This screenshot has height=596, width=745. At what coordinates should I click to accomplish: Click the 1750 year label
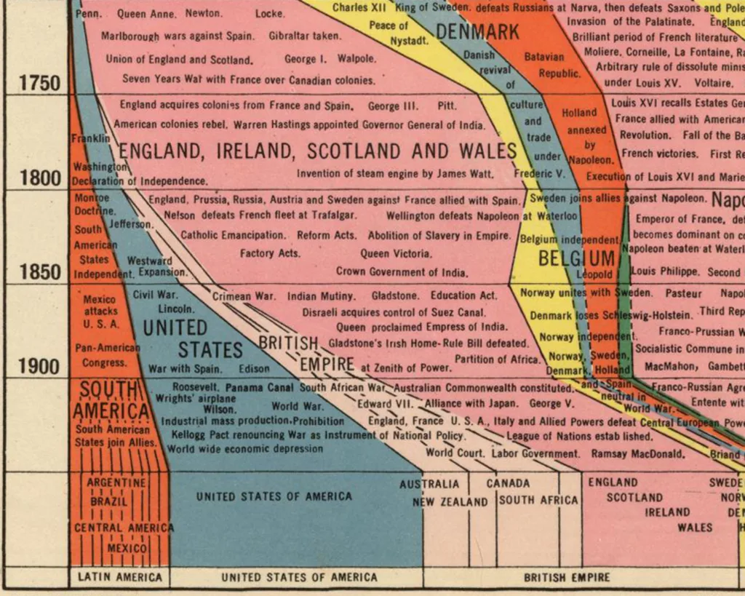coord(40,83)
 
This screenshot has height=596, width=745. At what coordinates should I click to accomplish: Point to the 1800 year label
coord(40,178)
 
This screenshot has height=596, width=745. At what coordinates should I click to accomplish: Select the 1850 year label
coord(40,272)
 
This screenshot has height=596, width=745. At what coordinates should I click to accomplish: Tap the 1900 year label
coord(40,366)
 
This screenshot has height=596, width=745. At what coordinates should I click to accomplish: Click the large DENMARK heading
coord(478,32)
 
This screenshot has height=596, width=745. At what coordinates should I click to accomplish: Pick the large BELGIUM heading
coord(576,258)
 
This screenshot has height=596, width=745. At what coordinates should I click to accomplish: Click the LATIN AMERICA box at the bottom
coord(120,577)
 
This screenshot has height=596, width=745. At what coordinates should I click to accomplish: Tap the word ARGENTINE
coord(116,482)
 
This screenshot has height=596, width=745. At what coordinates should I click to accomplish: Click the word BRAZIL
coord(108,501)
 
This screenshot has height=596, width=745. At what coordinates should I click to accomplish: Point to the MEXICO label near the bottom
coord(127,547)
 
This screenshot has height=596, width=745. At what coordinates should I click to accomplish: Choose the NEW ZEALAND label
coord(450,501)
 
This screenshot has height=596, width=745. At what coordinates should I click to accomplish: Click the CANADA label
coord(509,483)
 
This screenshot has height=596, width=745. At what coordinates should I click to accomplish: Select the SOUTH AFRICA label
coord(538,501)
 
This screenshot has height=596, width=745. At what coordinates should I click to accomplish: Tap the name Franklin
coord(90,138)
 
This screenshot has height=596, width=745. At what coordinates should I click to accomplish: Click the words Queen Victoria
coord(396,254)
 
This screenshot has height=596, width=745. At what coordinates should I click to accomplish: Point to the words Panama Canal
coord(260,388)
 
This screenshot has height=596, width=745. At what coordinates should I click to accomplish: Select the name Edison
coord(253,369)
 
